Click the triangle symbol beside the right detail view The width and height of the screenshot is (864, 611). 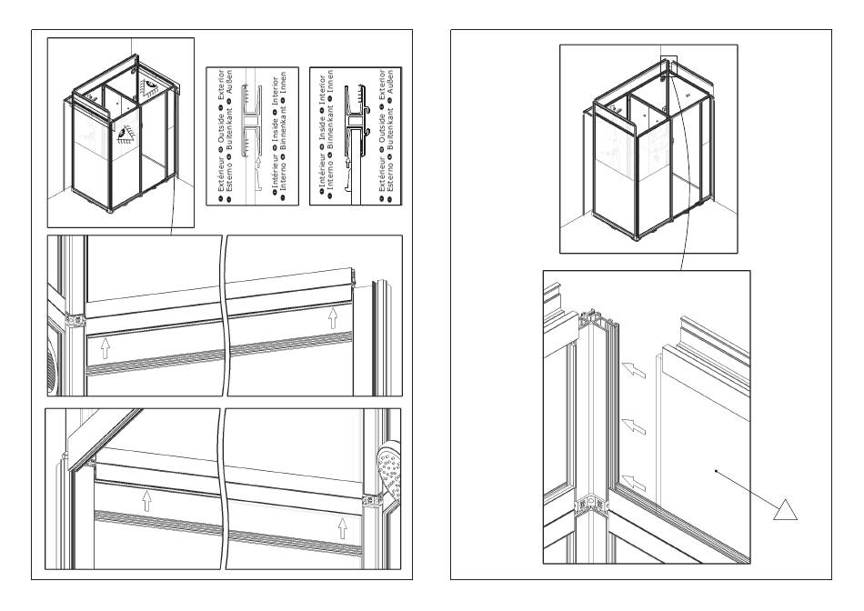tap(785, 510)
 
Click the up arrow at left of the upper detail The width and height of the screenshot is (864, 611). tap(105, 346)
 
